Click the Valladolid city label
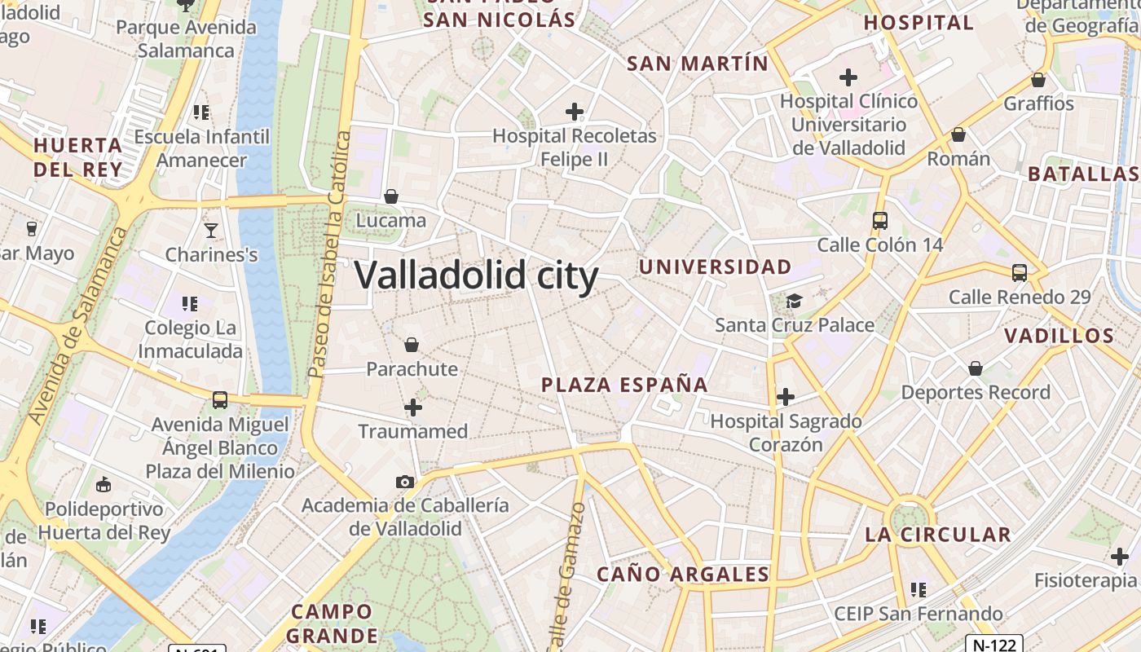click(x=477, y=275)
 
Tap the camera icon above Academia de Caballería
click(x=405, y=482)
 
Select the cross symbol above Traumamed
click(x=413, y=407)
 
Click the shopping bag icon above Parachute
click(x=412, y=345)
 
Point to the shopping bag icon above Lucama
click(x=391, y=196)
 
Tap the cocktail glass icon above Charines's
click(x=211, y=231)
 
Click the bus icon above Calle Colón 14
click(x=879, y=220)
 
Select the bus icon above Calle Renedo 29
click(x=1020, y=273)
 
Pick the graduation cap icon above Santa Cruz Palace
click(x=794, y=302)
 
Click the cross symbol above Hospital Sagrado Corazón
click(x=785, y=397)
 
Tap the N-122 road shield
click(x=995, y=645)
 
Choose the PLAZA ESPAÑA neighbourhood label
click(x=624, y=385)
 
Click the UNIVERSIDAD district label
click(x=715, y=267)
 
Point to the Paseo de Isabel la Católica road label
click(x=329, y=254)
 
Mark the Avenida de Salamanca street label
click(x=79, y=326)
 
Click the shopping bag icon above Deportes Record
click(x=975, y=368)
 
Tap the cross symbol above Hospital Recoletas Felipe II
click(x=575, y=112)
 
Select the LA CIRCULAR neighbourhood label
click(x=937, y=535)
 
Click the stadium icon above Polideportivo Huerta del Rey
click(x=104, y=486)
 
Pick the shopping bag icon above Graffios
click(x=1038, y=80)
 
